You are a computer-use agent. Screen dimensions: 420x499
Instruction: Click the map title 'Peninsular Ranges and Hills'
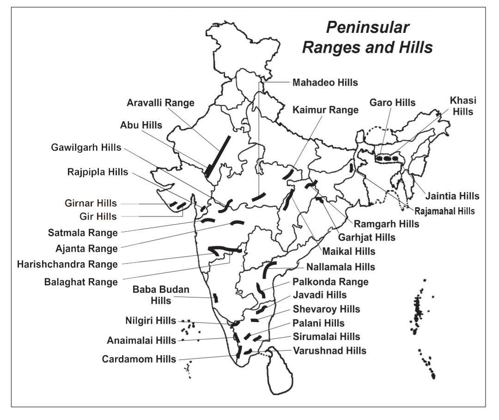367,37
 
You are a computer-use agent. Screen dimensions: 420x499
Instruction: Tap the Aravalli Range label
160,103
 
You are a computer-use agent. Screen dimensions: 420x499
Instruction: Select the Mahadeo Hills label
325,83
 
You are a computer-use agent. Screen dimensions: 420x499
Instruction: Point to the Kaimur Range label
326,110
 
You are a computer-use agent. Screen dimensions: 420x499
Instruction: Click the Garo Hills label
392,103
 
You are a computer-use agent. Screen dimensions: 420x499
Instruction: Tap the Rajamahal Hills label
444,211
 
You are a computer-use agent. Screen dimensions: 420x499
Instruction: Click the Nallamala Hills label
341,267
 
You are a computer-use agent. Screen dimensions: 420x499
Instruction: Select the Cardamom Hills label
139,359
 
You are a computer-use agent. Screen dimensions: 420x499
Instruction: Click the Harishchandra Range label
67,265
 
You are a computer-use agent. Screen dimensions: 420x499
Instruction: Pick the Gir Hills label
97,216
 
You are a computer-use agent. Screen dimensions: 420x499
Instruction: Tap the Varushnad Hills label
329,351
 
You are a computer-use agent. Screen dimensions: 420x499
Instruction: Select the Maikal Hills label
348,252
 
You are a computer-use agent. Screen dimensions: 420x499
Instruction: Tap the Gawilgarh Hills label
86,148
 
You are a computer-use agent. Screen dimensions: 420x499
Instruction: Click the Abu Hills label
141,125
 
